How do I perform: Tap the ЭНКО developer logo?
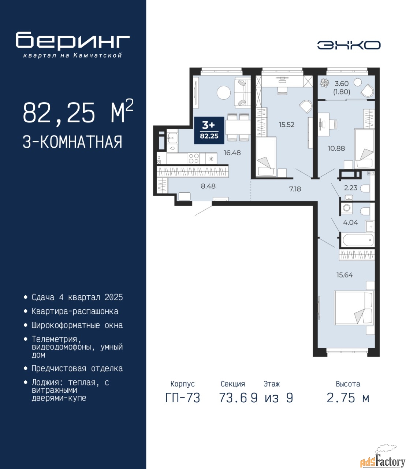[x=349, y=45]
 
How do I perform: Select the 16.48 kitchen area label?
[x=232, y=153]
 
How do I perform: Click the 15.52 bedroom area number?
[x=287, y=125]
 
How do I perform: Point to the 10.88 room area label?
[x=336, y=148]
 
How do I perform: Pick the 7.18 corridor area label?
[x=295, y=189]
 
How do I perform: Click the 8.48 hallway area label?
[x=208, y=186]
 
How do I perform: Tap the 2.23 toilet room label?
[x=350, y=188]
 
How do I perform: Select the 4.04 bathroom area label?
[x=350, y=222]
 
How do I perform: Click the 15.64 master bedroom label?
[x=344, y=275]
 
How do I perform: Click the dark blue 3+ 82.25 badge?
[x=209, y=130]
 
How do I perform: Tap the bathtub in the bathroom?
[x=358, y=240]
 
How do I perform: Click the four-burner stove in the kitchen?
[x=194, y=158]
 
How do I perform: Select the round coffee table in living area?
[x=224, y=93]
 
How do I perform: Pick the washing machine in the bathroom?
[x=346, y=208]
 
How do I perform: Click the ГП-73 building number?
[x=183, y=398]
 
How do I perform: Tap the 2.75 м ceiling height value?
[x=348, y=398]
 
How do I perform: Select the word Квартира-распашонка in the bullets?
[x=75, y=311]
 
